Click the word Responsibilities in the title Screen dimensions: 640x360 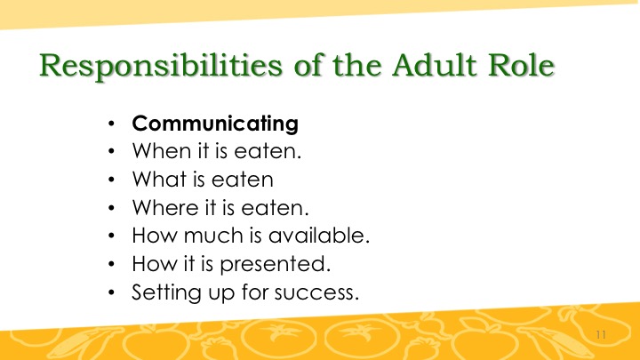tap(161, 66)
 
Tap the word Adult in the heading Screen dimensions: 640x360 tap(435, 65)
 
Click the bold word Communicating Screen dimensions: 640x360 tap(215, 124)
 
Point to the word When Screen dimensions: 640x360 tap(163, 150)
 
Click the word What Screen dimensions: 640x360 tap(160, 179)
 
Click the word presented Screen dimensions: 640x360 tap(275, 264)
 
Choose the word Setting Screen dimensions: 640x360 tap(166, 293)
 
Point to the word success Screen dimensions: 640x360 tap(316, 292)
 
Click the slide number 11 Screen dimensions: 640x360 tap(601, 335)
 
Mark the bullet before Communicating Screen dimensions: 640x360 tap(111, 124)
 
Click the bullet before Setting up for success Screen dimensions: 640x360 tap(111, 292)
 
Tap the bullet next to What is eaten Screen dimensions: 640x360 tap(111, 180)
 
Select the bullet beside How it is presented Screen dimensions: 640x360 tap(111, 264)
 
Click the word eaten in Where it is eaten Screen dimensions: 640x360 tap(275, 208)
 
